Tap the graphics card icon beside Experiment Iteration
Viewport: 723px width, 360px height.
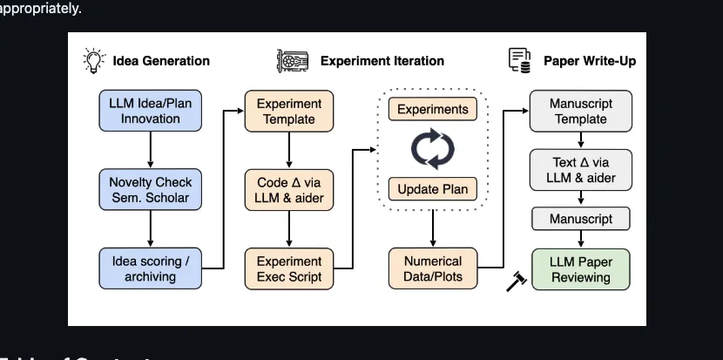click(x=291, y=61)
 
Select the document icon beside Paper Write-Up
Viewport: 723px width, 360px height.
click(x=520, y=60)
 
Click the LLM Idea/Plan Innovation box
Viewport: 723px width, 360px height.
click(x=151, y=111)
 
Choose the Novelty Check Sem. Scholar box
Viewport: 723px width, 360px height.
click(x=151, y=189)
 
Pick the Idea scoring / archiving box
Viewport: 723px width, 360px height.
click(x=151, y=268)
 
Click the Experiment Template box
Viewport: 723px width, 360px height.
click(x=289, y=111)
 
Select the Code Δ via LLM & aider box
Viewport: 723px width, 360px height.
click(x=289, y=189)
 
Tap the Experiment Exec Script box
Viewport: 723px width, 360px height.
click(x=289, y=268)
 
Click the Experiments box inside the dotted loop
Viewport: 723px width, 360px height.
click(x=433, y=110)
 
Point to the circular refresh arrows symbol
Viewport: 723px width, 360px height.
click(x=433, y=149)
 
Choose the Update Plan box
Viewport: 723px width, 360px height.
click(x=433, y=189)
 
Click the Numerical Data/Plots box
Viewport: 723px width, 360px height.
click(x=433, y=268)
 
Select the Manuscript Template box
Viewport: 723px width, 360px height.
click(x=581, y=111)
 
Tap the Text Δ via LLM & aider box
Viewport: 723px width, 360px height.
click(x=581, y=170)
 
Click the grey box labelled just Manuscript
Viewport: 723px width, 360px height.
click(x=581, y=219)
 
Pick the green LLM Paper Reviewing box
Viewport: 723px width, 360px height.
click(x=581, y=268)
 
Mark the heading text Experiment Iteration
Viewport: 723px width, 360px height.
click(x=382, y=61)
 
